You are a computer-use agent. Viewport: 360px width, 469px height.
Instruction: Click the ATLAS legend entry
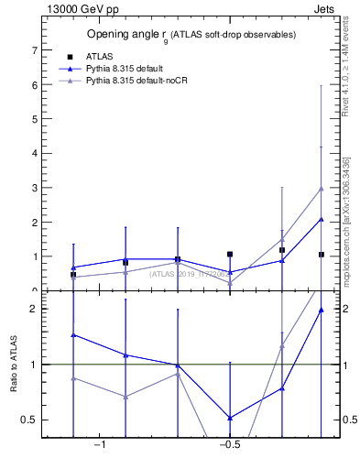(x=98, y=56)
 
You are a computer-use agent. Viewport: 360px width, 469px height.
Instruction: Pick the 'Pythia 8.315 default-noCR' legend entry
(x=139, y=82)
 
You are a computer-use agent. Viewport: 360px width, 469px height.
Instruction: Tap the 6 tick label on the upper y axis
(x=35, y=84)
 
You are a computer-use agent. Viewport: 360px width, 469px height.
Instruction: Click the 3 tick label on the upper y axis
(x=35, y=188)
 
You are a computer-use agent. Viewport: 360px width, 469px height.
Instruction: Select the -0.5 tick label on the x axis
(x=229, y=445)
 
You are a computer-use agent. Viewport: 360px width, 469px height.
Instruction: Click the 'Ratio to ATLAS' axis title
(x=15, y=365)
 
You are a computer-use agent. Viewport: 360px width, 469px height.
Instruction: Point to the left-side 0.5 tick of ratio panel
(x=30, y=420)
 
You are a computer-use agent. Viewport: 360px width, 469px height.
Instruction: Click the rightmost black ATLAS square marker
(x=321, y=254)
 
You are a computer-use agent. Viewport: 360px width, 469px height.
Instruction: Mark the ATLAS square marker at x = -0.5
(x=230, y=254)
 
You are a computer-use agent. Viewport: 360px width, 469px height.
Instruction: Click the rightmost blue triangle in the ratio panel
(x=321, y=310)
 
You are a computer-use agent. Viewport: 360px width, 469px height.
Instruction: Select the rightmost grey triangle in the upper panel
(x=321, y=189)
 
